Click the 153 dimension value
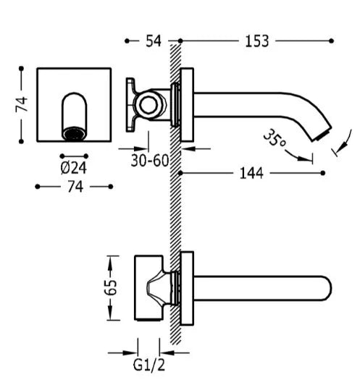tap(257, 41)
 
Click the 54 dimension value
tap(154, 41)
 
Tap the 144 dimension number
tap(251, 173)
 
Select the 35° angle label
tap(275, 138)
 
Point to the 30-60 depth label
tap(150, 161)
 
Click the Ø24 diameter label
tap(73, 168)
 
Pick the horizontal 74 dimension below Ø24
tap(75, 187)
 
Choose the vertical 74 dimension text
tap(22, 104)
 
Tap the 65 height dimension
tap(110, 287)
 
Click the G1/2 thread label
tap(149, 365)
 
